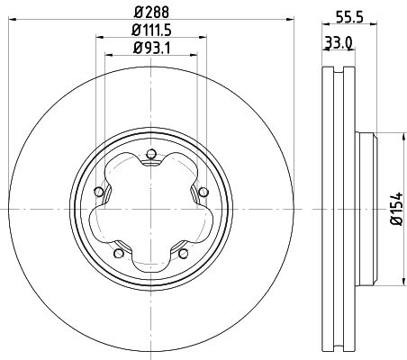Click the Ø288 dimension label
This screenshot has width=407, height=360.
150,12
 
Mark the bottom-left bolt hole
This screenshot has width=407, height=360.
117,254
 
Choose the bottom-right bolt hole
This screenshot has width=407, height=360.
184,254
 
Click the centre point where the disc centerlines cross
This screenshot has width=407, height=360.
150,208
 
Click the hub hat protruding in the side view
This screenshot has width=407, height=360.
364,208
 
